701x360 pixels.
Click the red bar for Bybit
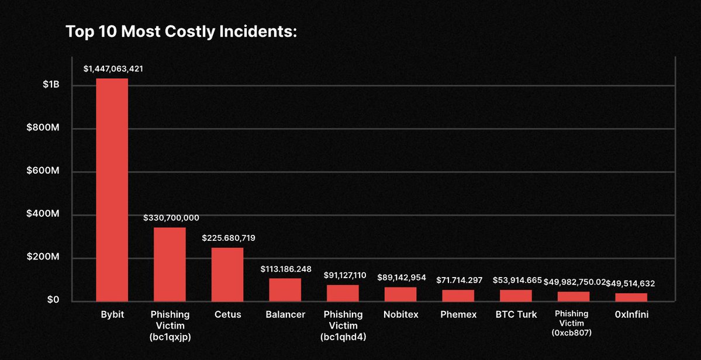112,189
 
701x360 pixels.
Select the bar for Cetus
227,274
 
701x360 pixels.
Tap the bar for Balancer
285,289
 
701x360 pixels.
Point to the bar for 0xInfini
631,297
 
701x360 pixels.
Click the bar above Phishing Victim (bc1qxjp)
170,264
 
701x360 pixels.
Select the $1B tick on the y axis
51,85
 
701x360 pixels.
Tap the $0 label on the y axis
53,300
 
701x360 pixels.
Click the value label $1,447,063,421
113,69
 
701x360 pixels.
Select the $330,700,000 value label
171,218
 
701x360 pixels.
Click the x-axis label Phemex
458,314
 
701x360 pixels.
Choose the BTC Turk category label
516,314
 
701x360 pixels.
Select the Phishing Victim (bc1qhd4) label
343,326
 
